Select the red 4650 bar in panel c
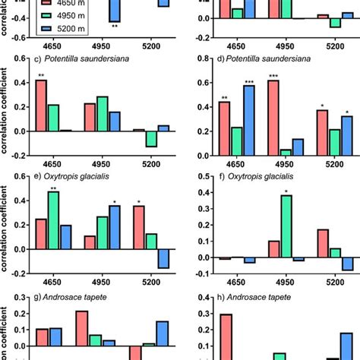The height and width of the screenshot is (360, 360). pos(41,106)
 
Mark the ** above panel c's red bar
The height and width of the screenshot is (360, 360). pos(41,75)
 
